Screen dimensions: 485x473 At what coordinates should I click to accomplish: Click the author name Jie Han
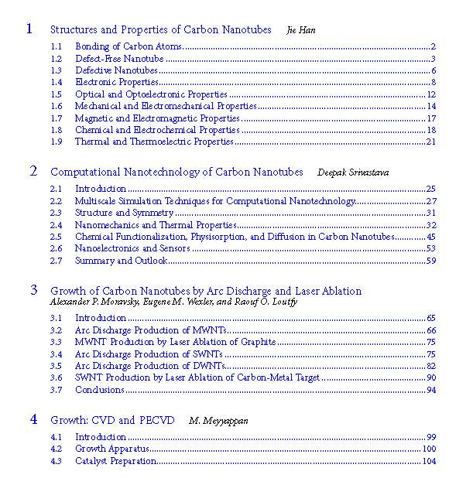pyautogui.click(x=301, y=30)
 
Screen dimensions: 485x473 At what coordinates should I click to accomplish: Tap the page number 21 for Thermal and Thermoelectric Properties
pyautogui.click(x=431, y=142)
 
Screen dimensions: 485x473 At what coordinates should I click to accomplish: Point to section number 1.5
pyautogui.click(x=56, y=94)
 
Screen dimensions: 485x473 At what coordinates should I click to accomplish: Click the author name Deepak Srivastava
pyautogui.click(x=352, y=172)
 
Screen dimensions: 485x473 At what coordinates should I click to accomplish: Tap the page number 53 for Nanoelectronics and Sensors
pyautogui.click(x=431, y=248)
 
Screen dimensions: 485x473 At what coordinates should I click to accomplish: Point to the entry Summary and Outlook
pyautogui.click(x=121, y=261)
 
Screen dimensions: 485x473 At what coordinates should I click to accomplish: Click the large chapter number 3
pyautogui.click(x=33, y=290)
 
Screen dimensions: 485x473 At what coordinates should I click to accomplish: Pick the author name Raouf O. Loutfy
pyautogui.click(x=259, y=302)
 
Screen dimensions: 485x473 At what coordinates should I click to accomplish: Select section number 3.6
pyautogui.click(x=56, y=377)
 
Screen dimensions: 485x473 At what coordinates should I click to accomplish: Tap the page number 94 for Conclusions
pyautogui.click(x=431, y=389)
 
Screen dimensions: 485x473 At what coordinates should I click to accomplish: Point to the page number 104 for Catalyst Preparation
pyautogui.click(x=429, y=461)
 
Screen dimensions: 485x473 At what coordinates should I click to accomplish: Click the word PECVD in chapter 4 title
pyautogui.click(x=159, y=420)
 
